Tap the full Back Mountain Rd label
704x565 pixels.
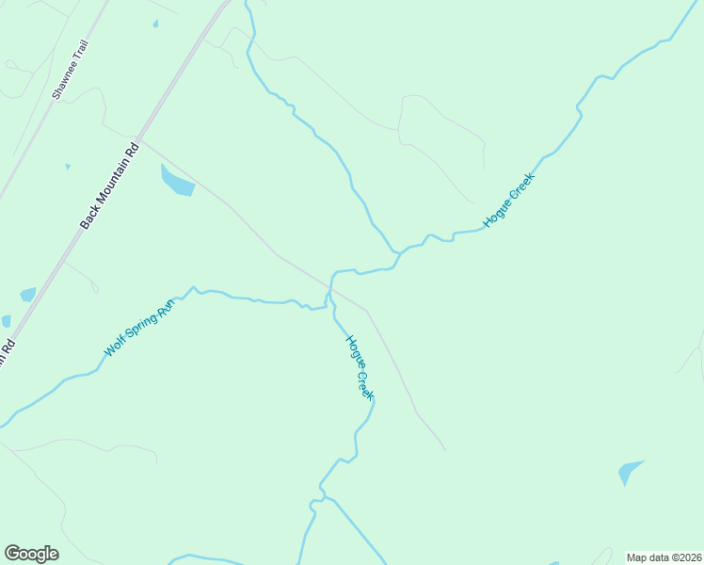pyautogui.click(x=109, y=186)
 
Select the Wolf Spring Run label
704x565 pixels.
pyautogui.click(x=140, y=327)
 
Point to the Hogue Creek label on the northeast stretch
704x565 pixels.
pyautogui.click(x=508, y=200)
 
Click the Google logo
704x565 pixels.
pyautogui.click(x=31, y=554)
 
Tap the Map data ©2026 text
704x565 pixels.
pyautogui.click(x=664, y=557)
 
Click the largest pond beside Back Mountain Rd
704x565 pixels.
pyautogui.click(x=176, y=181)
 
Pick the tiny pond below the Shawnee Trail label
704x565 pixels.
pyautogui.click(x=68, y=168)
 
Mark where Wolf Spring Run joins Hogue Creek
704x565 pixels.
pyautogui.click(x=327, y=304)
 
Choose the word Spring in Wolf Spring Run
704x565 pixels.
pyautogui.click(x=140, y=327)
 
